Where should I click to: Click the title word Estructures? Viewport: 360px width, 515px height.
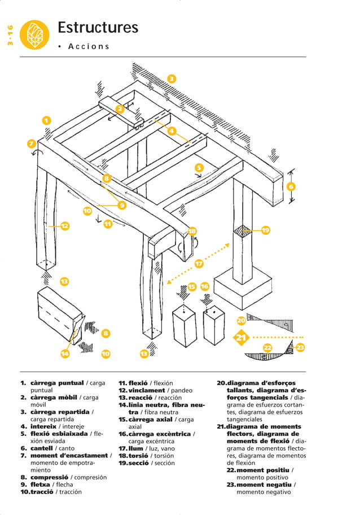coord(98,28)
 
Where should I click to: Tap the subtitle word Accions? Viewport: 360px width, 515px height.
coord(89,46)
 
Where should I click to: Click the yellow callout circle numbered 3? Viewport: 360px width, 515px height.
coord(172,78)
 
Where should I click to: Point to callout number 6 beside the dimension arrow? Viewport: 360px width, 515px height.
coord(291,186)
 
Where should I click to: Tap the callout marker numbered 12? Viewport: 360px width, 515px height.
coord(65,226)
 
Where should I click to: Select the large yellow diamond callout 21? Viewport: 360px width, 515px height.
coord(242,338)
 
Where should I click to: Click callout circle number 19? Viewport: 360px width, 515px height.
coord(266,230)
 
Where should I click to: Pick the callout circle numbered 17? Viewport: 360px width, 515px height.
coord(199,264)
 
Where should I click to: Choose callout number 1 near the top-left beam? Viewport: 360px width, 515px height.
coord(47,120)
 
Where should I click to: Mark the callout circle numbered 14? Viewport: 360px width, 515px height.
coord(65,354)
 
